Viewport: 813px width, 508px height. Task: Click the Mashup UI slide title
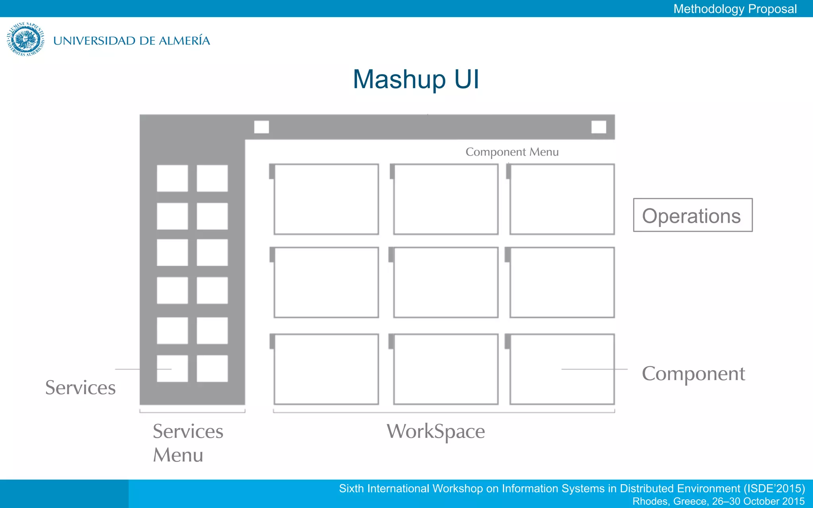coord(416,79)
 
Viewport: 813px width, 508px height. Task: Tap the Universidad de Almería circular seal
coord(25,39)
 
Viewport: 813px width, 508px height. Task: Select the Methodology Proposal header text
coord(735,9)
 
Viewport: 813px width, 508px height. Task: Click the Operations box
coord(693,215)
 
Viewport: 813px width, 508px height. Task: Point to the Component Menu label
coord(512,152)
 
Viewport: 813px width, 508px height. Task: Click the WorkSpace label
coord(435,431)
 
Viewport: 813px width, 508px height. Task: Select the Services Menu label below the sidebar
coord(188,443)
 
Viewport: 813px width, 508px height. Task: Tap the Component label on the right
coord(693,374)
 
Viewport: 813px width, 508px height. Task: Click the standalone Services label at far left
coord(80,388)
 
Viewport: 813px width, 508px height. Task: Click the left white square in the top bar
coord(261,127)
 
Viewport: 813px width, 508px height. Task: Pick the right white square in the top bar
coord(599,127)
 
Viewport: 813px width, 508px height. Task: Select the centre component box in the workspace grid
coord(446,282)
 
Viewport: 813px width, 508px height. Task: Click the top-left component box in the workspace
coord(326,199)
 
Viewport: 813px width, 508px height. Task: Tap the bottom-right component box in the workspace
coord(562,369)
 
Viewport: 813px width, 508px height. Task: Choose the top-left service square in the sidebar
coord(172,178)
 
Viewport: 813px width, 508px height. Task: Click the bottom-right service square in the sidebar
coord(212,368)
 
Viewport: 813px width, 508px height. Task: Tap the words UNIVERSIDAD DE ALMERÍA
coord(131,40)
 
